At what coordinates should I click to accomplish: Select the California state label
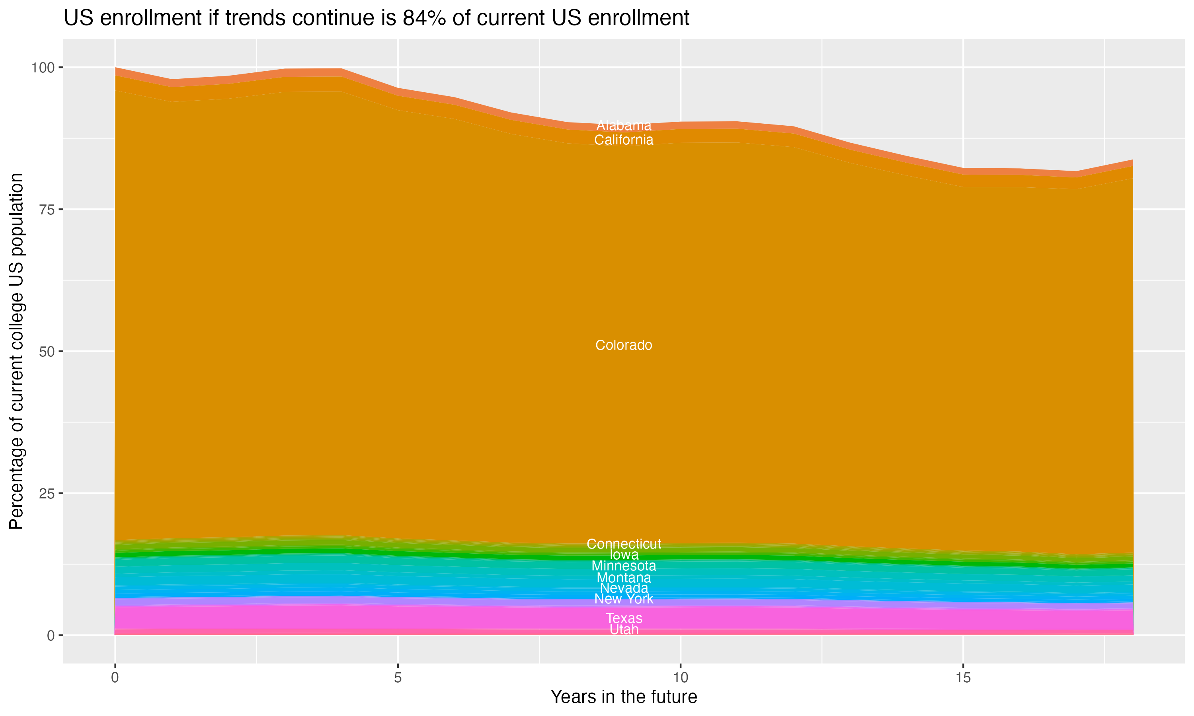[x=624, y=140]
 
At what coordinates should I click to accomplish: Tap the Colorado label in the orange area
[x=624, y=345]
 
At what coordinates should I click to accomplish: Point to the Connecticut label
[x=624, y=544]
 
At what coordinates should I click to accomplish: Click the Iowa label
[x=624, y=555]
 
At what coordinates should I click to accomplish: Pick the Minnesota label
[x=624, y=566]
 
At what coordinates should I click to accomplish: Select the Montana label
[x=624, y=578]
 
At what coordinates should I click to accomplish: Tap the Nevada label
[x=624, y=588]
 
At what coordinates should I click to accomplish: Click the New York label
[x=624, y=599]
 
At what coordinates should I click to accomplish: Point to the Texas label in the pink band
[x=624, y=619]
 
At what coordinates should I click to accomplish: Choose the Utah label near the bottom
[x=624, y=630]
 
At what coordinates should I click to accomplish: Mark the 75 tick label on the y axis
[x=47, y=209]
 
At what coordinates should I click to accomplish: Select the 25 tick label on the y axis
[x=47, y=494]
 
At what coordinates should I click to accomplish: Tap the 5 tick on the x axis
[x=398, y=678]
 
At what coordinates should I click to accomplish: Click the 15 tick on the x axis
[x=963, y=678]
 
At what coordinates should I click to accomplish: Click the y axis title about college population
[x=16, y=351]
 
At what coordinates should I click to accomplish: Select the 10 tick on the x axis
[x=680, y=678]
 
